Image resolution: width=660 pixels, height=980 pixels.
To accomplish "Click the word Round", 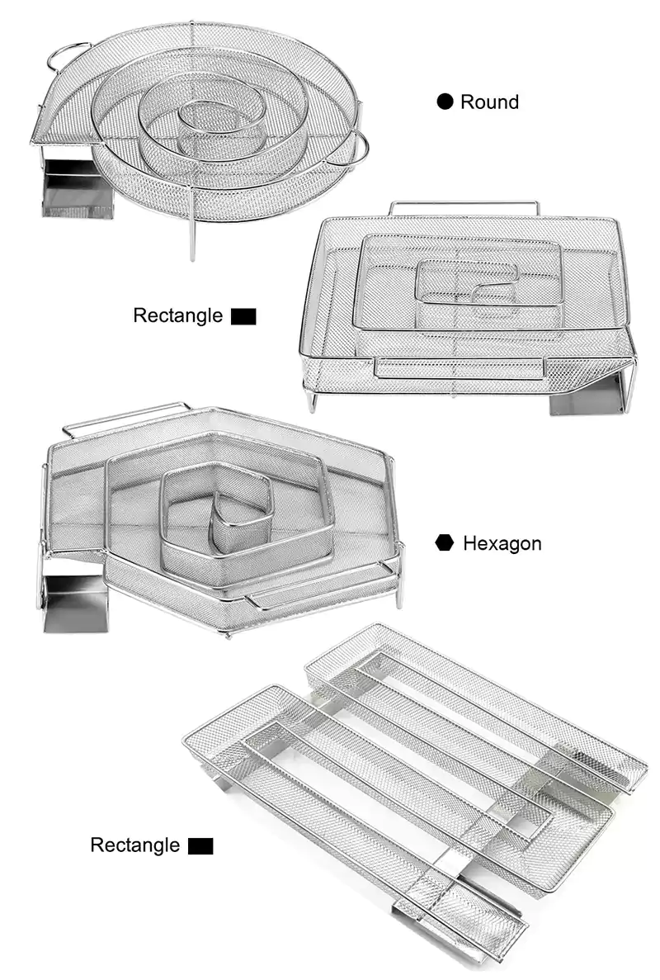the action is [x=489, y=102].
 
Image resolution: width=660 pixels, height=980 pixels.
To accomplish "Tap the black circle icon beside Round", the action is [x=445, y=102].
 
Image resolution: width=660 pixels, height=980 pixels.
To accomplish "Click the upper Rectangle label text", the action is [x=178, y=315].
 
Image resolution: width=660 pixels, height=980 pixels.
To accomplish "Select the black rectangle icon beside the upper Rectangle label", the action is [x=243, y=316].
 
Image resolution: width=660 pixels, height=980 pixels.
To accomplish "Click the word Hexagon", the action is [x=502, y=543].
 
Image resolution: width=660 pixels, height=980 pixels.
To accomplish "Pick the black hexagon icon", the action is [x=445, y=542].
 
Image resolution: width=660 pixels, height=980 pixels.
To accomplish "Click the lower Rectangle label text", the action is [x=134, y=845].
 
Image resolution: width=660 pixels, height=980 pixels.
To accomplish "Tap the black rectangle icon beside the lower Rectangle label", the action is [x=200, y=846].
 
